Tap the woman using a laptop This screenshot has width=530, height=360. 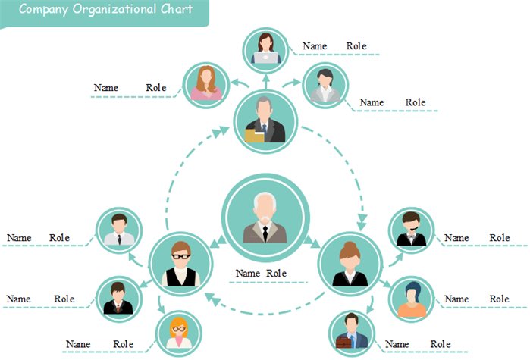pos(266,49)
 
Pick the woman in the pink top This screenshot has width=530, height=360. pos(206,83)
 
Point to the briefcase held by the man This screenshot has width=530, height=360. pos(343,343)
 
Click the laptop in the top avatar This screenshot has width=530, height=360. pos(266,58)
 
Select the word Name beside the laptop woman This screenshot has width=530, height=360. pos(315,46)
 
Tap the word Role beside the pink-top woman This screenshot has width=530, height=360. pos(156,88)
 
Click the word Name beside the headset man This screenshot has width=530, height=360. pos(456,238)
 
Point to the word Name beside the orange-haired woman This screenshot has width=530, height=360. pos(78,344)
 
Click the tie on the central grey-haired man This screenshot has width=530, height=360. pos(265,231)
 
